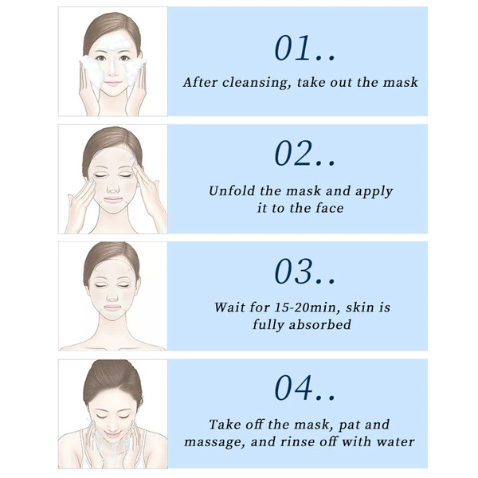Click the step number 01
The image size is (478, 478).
tap(292, 48)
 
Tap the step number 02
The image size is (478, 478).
tap(293, 153)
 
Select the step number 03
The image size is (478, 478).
tap(293, 271)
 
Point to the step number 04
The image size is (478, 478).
tap(293, 388)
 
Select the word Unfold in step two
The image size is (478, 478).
tap(232, 191)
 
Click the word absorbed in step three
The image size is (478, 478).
tap(319, 324)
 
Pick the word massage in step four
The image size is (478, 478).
tap(214, 443)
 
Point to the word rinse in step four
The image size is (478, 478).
tap(297, 441)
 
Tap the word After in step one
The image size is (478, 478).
tap(200, 82)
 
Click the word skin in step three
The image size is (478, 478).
tap(360, 307)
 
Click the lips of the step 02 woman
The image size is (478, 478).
tap(113, 200)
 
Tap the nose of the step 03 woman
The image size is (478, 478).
tap(113, 297)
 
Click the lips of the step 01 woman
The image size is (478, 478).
tap(112, 83)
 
